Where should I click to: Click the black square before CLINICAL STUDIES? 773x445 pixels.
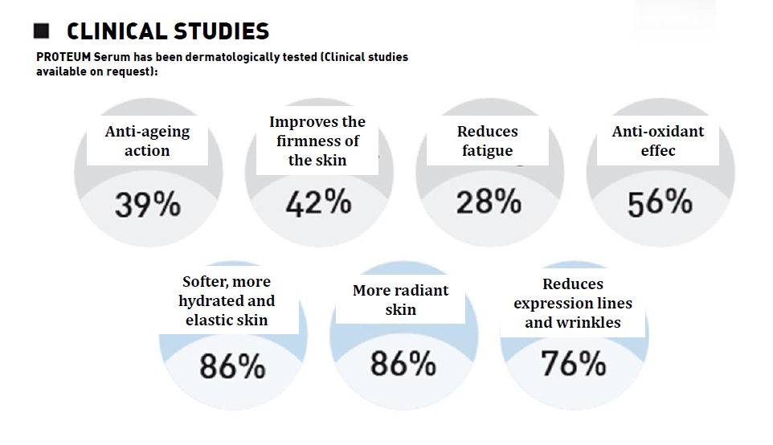(42, 31)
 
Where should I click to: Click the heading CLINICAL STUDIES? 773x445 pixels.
(167, 31)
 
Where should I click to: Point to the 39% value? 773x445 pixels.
(147, 206)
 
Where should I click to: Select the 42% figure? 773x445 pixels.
(317, 203)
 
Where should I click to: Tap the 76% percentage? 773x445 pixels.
(574, 364)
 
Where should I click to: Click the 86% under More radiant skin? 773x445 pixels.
(403, 364)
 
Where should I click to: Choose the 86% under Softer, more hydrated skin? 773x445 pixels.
(232, 367)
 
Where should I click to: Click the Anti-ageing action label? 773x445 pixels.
(147, 141)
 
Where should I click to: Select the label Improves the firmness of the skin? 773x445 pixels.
(317, 141)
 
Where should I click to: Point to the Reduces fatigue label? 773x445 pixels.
(488, 141)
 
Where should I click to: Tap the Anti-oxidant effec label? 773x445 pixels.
(658, 141)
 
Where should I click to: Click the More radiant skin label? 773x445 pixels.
(400, 300)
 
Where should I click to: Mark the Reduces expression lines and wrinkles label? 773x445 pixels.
(573, 303)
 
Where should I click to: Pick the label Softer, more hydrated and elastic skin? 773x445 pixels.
(227, 300)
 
